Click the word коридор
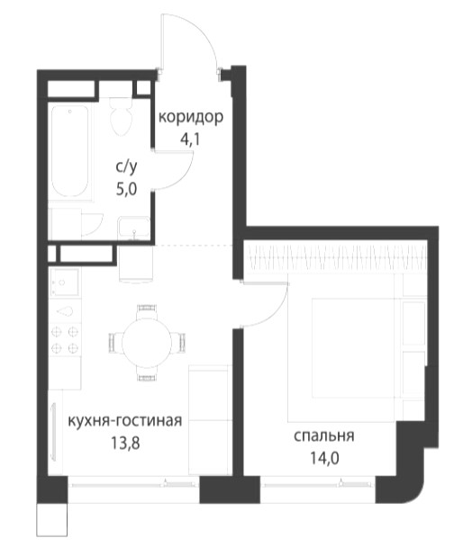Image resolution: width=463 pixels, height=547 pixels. (191, 118)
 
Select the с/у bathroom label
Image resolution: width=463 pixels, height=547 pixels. (126, 168)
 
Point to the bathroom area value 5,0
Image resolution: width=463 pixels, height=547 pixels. (126, 190)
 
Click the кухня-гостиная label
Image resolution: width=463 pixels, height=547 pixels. (124, 421)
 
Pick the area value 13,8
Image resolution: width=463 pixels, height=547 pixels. (125, 443)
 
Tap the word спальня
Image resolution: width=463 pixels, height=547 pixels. (323, 436)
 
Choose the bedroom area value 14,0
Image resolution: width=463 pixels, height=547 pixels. (324, 459)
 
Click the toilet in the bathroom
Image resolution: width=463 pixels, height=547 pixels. (122, 116)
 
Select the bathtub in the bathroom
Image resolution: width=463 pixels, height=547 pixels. (70, 151)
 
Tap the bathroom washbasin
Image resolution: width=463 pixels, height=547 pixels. (134, 228)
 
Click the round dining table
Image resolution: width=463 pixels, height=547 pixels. (147, 342)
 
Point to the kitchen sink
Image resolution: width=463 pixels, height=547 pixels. (64, 282)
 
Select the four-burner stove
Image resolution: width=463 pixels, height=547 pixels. (65, 339)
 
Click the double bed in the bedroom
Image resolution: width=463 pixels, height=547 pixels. (353, 348)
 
